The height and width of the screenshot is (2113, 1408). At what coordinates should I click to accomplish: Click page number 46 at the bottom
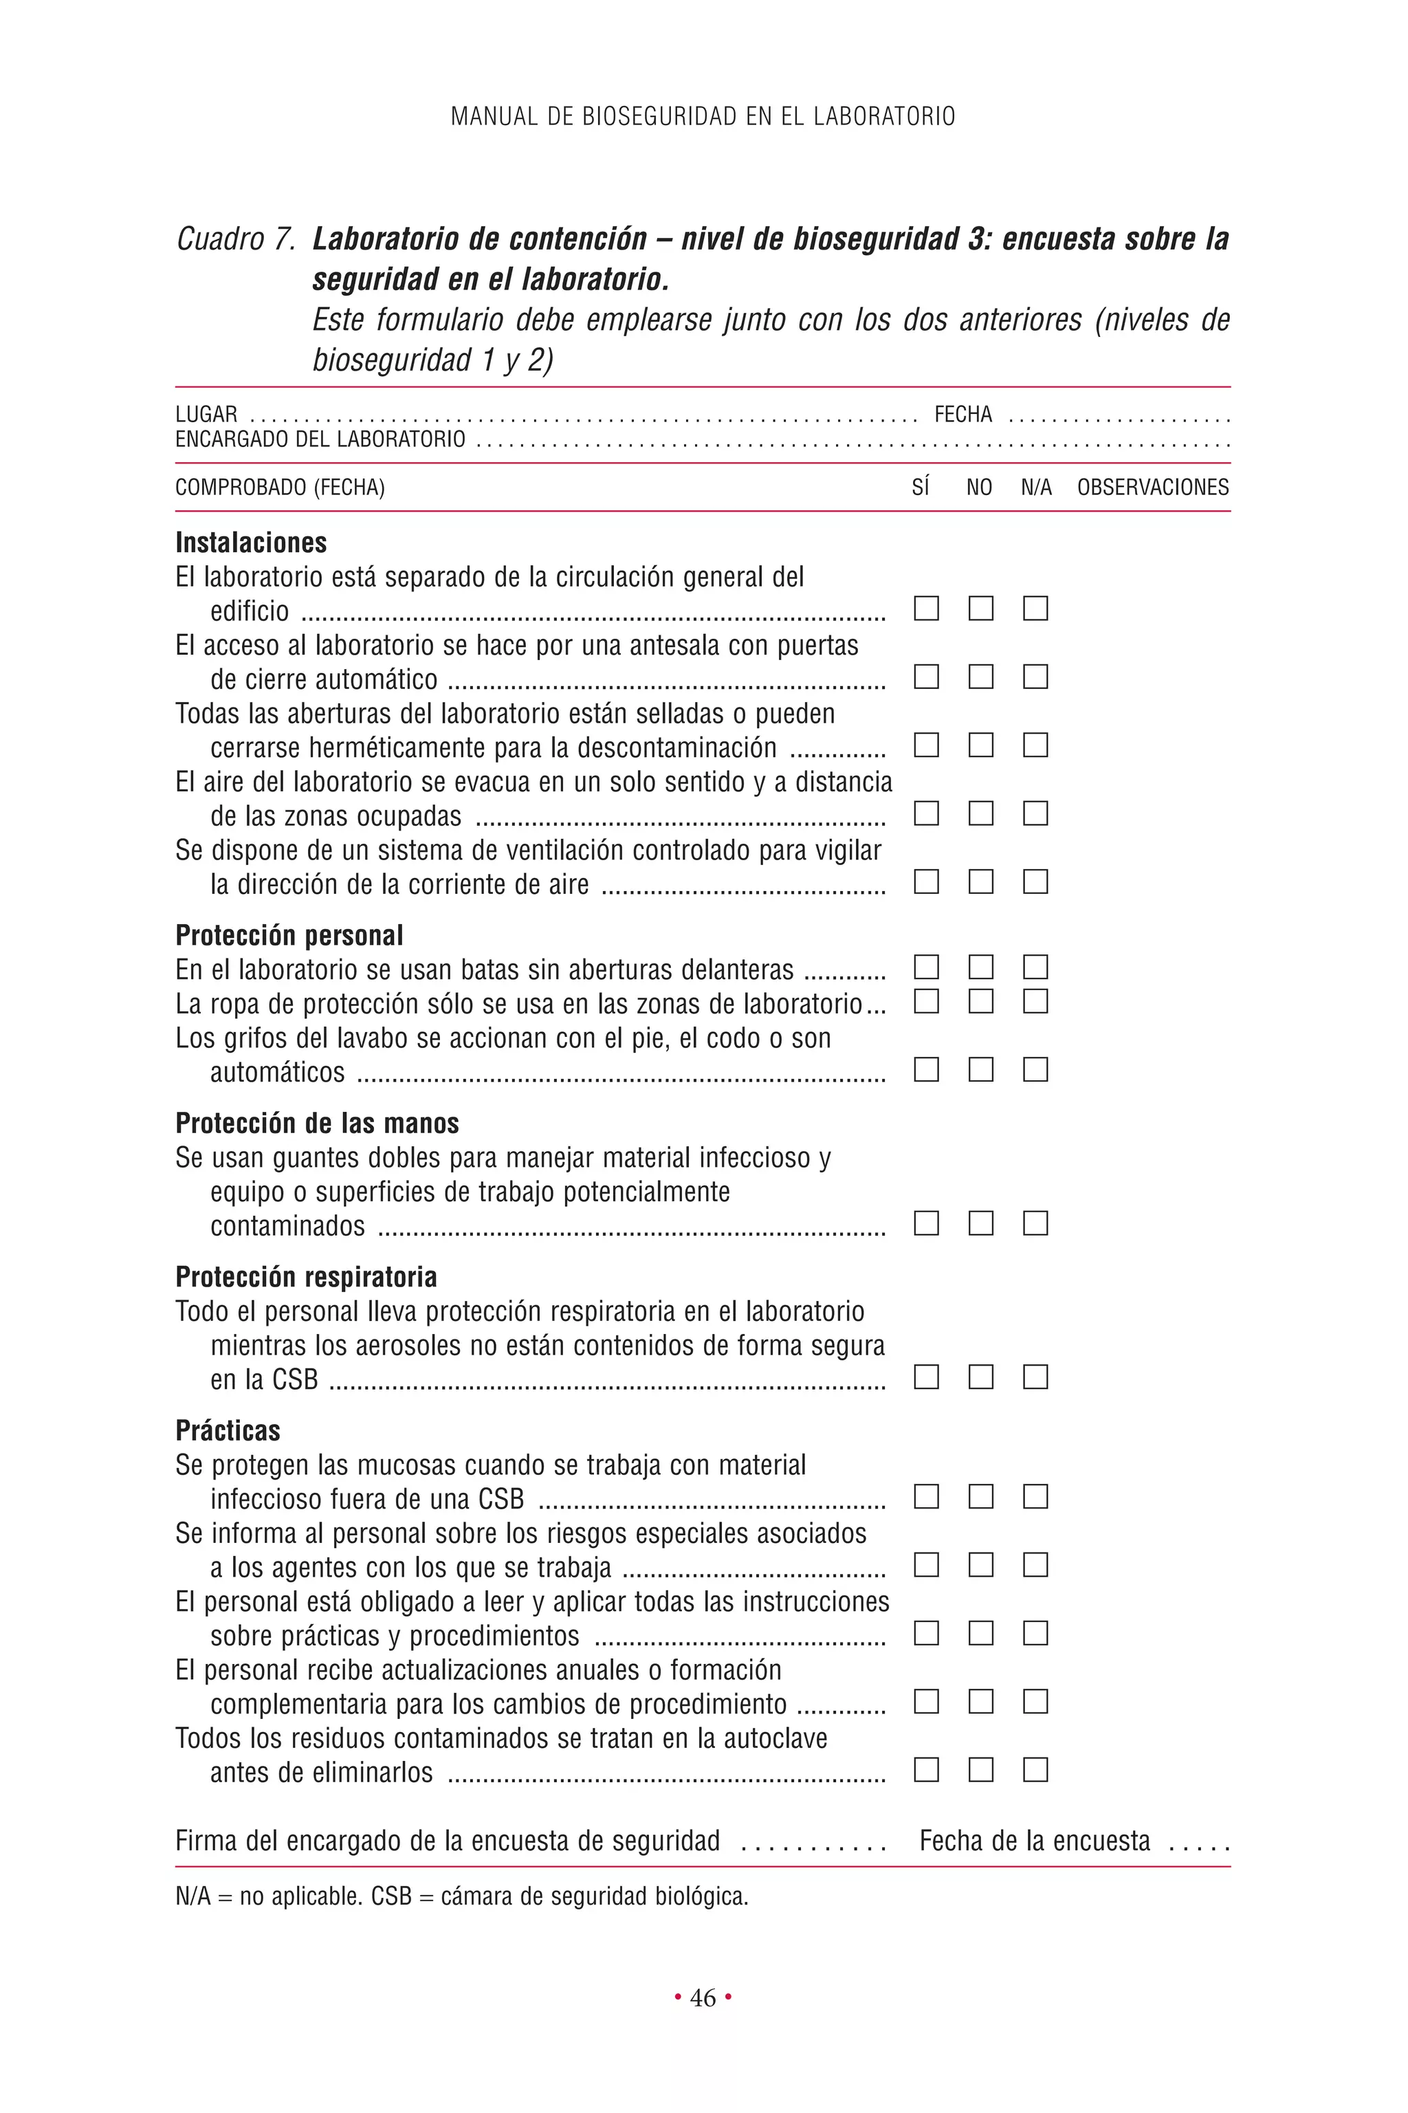pos(703,1997)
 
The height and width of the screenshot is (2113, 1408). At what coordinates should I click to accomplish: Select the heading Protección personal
pos(289,935)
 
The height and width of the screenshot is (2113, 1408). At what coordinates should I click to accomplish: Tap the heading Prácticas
pos(228,1430)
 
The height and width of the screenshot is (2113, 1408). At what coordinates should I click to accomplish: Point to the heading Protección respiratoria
pos(306,1276)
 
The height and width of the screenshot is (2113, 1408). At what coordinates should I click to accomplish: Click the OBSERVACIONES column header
pos(1153,488)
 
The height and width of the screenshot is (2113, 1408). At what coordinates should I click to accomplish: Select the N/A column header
pos(1036,488)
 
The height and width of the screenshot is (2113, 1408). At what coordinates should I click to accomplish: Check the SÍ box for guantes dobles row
pos(926,1223)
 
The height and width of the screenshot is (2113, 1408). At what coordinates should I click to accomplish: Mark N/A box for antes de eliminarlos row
pos(1035,1770)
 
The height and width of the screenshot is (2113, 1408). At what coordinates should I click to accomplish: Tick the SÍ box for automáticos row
pos(926,1069)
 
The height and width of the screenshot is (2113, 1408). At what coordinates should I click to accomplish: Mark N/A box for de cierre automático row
pos(1035,677)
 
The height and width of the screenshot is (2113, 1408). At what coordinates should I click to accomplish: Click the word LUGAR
pos(206,415)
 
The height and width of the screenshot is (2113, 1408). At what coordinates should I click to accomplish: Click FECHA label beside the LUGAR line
pos(962,415)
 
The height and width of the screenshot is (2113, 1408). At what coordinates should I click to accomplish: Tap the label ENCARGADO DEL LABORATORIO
pos(320,439)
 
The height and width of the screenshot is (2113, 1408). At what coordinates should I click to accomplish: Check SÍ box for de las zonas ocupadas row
pos(926,813)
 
